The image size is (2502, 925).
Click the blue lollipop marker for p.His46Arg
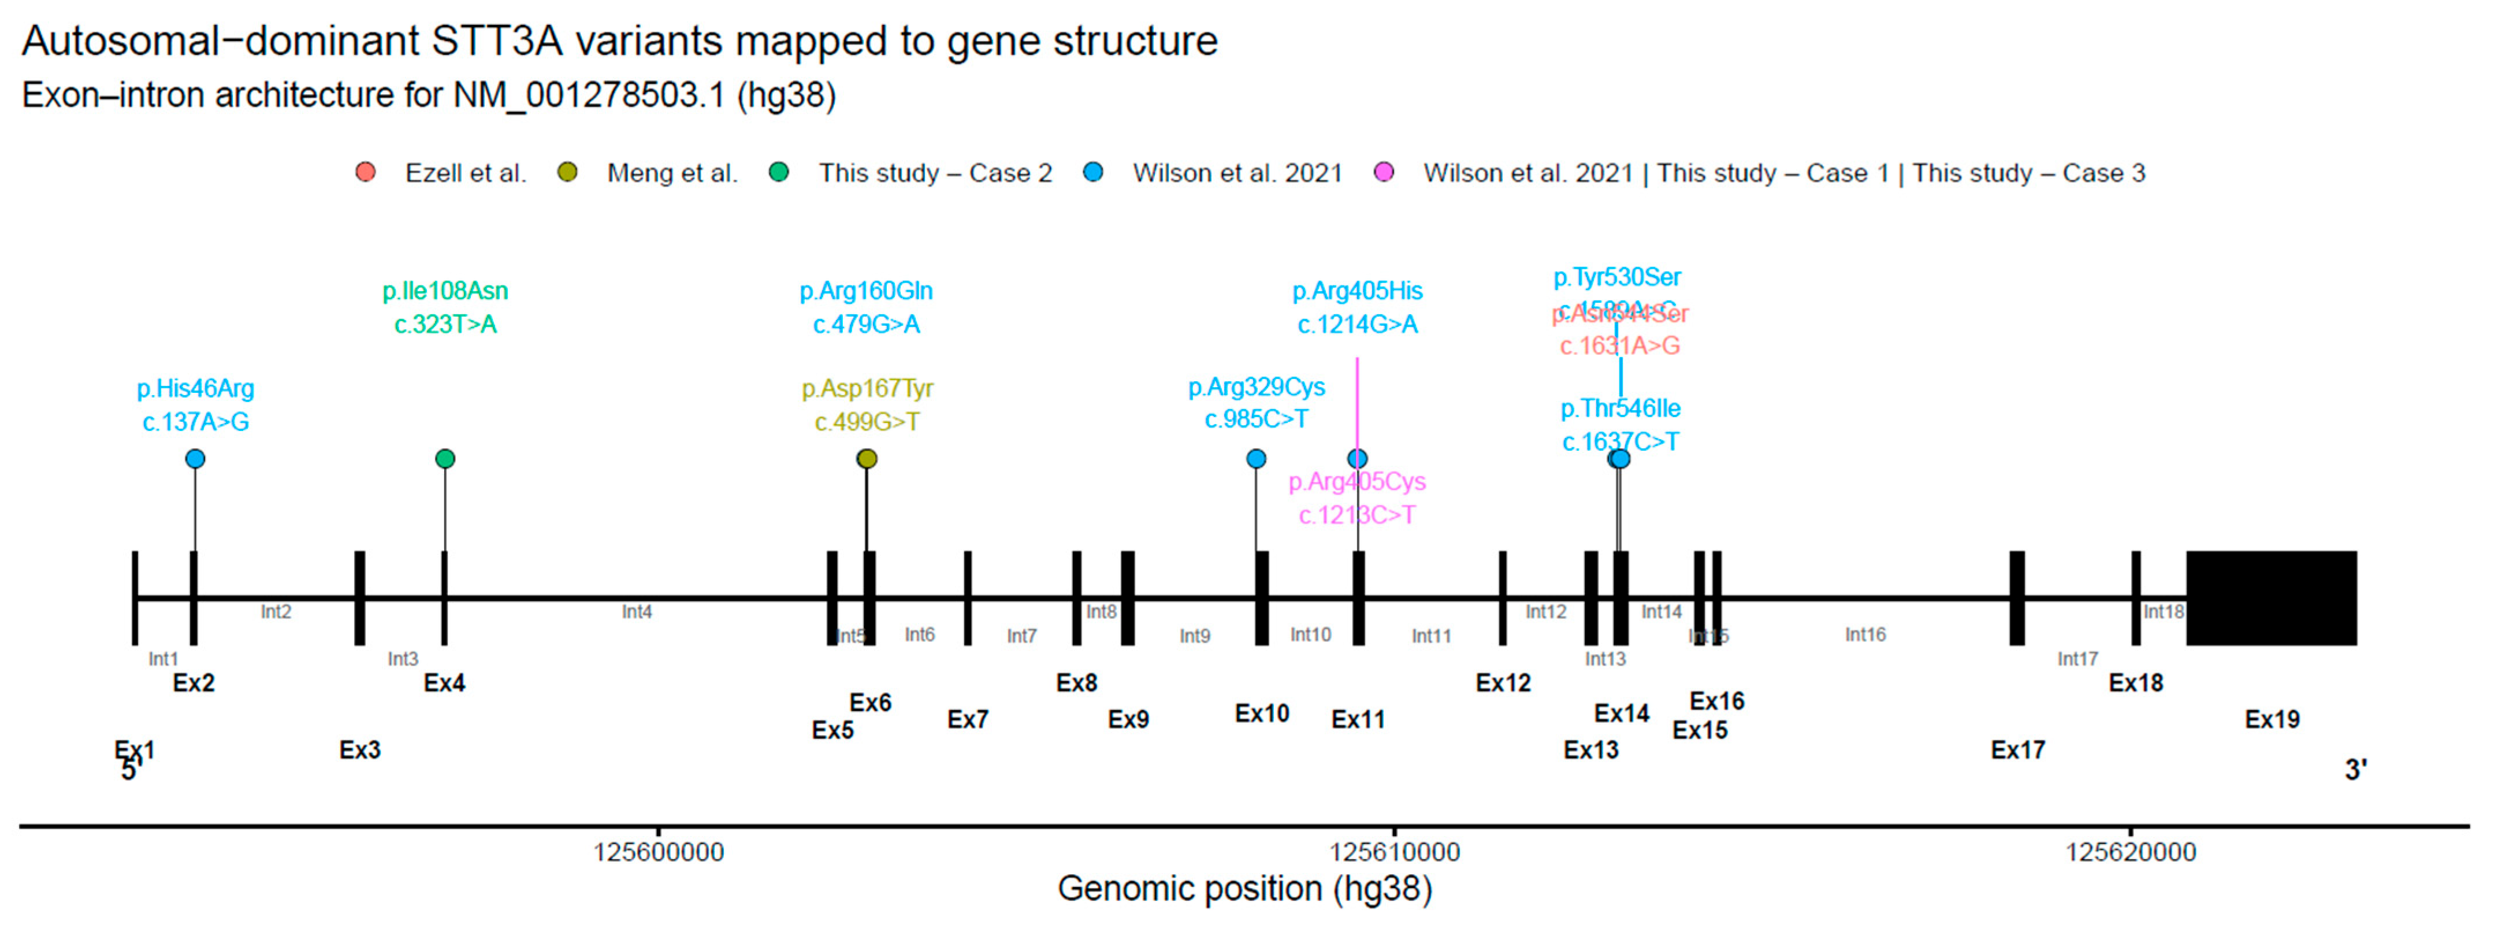pos(195,459)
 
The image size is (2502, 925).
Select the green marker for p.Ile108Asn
pos(445,459)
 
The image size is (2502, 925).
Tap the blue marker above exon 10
pos(1256,459)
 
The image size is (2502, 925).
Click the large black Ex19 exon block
pos(2271,597)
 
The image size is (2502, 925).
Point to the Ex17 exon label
pos(2017,750)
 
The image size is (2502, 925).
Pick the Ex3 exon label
pos(359,750)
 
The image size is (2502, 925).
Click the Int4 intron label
pos(637,611)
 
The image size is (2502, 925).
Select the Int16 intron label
pos(1865,634)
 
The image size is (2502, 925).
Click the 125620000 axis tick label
pos(2130,852)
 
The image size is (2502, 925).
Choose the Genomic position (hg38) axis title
pos(1244,888)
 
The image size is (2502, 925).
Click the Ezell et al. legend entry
pos(465,173)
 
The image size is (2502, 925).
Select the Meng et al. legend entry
pos(672,173)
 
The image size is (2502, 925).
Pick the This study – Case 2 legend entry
pos(934,173)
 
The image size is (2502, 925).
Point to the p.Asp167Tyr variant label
pos(867,389)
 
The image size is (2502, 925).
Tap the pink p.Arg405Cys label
pos(1357,482)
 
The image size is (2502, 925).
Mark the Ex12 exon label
pos(1503,683)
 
